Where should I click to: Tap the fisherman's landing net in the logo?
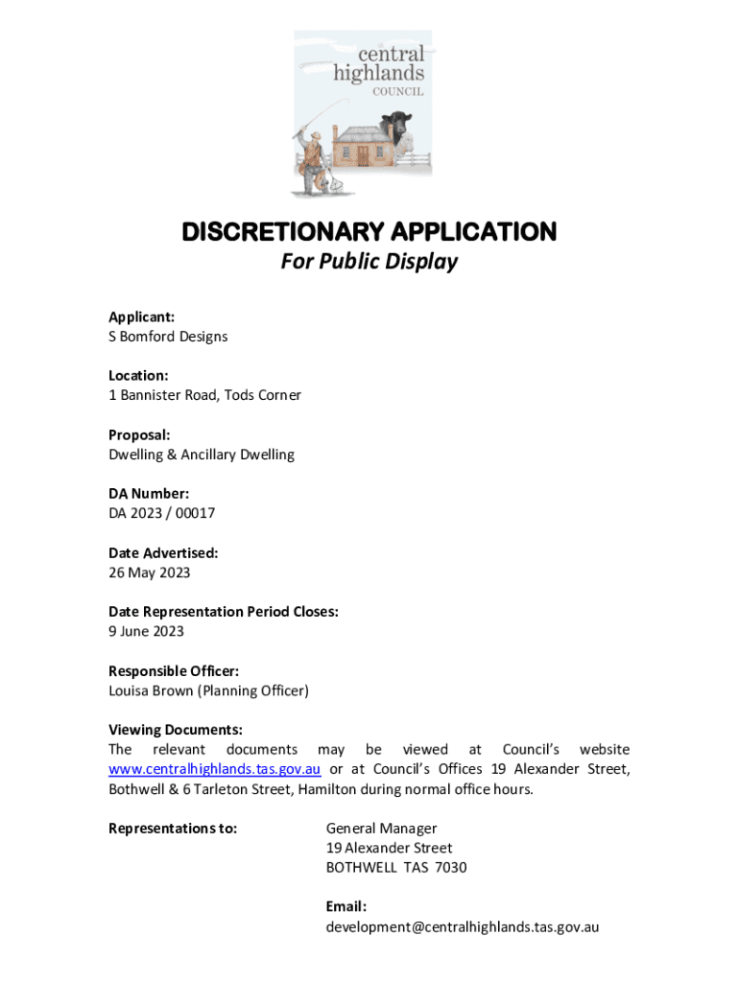pos(327,178)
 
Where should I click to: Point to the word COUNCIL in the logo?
pos(398,92)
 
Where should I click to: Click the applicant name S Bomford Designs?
pos(168,337)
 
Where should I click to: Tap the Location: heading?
pos(138,375)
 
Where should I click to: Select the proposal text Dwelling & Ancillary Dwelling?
pos(202,455)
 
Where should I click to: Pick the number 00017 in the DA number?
pos(195,513)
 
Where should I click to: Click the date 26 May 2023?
pos(150,573)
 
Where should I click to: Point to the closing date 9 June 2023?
pos(147,631)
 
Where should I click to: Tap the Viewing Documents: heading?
pos(176,730)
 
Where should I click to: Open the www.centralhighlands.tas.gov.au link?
pos(214,770)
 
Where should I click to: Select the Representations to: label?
pos(173,829)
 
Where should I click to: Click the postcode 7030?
pos(450,868)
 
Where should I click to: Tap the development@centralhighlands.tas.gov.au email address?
pos(463,927)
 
